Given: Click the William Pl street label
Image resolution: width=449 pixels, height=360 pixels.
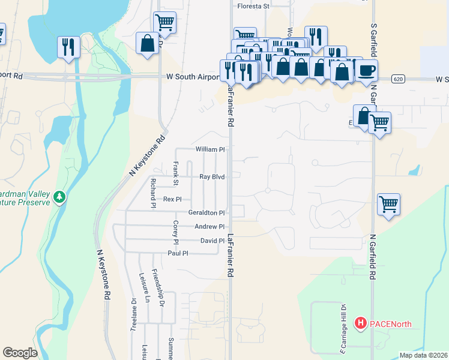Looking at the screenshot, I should [209, 149].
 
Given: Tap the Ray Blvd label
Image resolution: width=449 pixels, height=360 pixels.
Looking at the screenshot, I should [212, 177].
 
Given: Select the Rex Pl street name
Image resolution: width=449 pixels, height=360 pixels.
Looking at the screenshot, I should [172, 199].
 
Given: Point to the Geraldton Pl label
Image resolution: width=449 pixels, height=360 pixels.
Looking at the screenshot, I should [206, 212].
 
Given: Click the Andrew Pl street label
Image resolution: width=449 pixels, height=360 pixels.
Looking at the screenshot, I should [209, 227].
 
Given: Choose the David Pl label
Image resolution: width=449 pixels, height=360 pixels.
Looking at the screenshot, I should [212, 241].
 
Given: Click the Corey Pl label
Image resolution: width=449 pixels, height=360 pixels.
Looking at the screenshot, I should [176, 233].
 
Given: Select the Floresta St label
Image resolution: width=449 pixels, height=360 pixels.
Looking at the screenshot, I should [254, 6].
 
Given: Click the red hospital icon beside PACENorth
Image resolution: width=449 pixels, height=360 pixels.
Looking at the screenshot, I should [361, 324].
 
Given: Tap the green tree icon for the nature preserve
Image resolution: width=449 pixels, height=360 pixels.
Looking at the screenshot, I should [59, 197].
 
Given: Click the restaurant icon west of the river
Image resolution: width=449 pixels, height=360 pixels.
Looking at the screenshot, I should [68, 47].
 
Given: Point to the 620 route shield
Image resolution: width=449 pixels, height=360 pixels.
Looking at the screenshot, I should [398, 79].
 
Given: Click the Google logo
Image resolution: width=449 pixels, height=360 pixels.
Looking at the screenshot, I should [20, 353].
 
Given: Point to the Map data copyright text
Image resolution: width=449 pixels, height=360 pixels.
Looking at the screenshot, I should [423, 355].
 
